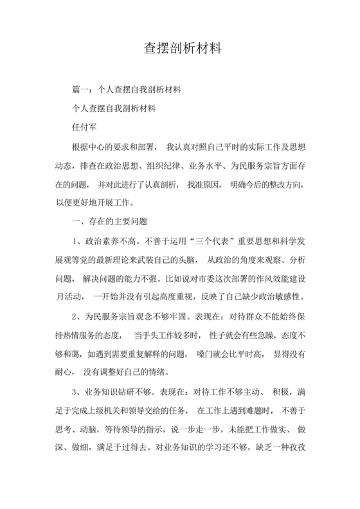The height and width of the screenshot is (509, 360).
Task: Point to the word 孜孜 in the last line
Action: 298,449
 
